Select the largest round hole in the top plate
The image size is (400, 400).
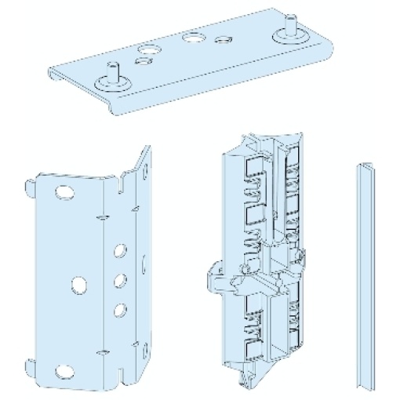pyautogui.click(x=191, y=37)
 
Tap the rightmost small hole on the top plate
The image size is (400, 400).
pyautogui.click(x=224, y=38)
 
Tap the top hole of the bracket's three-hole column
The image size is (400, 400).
pyautogui.click(x=121, y=252)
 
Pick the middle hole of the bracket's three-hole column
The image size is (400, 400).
pyautogui.click(x=121, y=280)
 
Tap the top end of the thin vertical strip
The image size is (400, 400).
pyautogui.click(x=364, y=167)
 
